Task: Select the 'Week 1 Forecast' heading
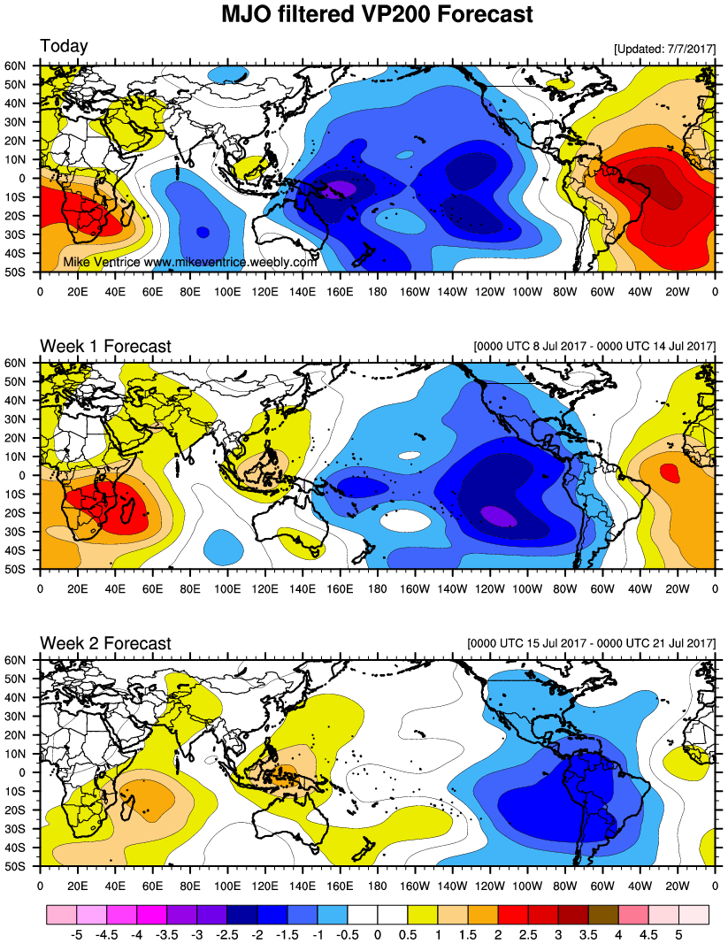tap(105, 346)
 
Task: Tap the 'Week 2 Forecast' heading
tap(105, 643)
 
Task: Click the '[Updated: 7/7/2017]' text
tap(663, 50)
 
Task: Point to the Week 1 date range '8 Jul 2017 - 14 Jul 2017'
tap(594, 345)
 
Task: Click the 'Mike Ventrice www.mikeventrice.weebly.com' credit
tap(190, 263)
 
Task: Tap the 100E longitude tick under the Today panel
tap(227, 288)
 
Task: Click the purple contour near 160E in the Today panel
tap(339, 188)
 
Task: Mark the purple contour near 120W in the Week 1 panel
tap(498, 517)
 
